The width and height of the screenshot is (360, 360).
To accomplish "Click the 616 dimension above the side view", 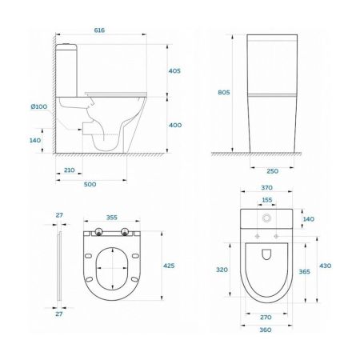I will click(x=100, y=29).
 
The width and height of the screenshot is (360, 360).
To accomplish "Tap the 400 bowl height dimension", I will click(x=176, y=125).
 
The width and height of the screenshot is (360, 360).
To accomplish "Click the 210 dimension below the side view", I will click(x=70, y=170).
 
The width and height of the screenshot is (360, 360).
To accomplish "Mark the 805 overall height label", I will click(x=223, y=93).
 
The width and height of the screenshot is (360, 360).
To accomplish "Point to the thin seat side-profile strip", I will click(x=59, y=268).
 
